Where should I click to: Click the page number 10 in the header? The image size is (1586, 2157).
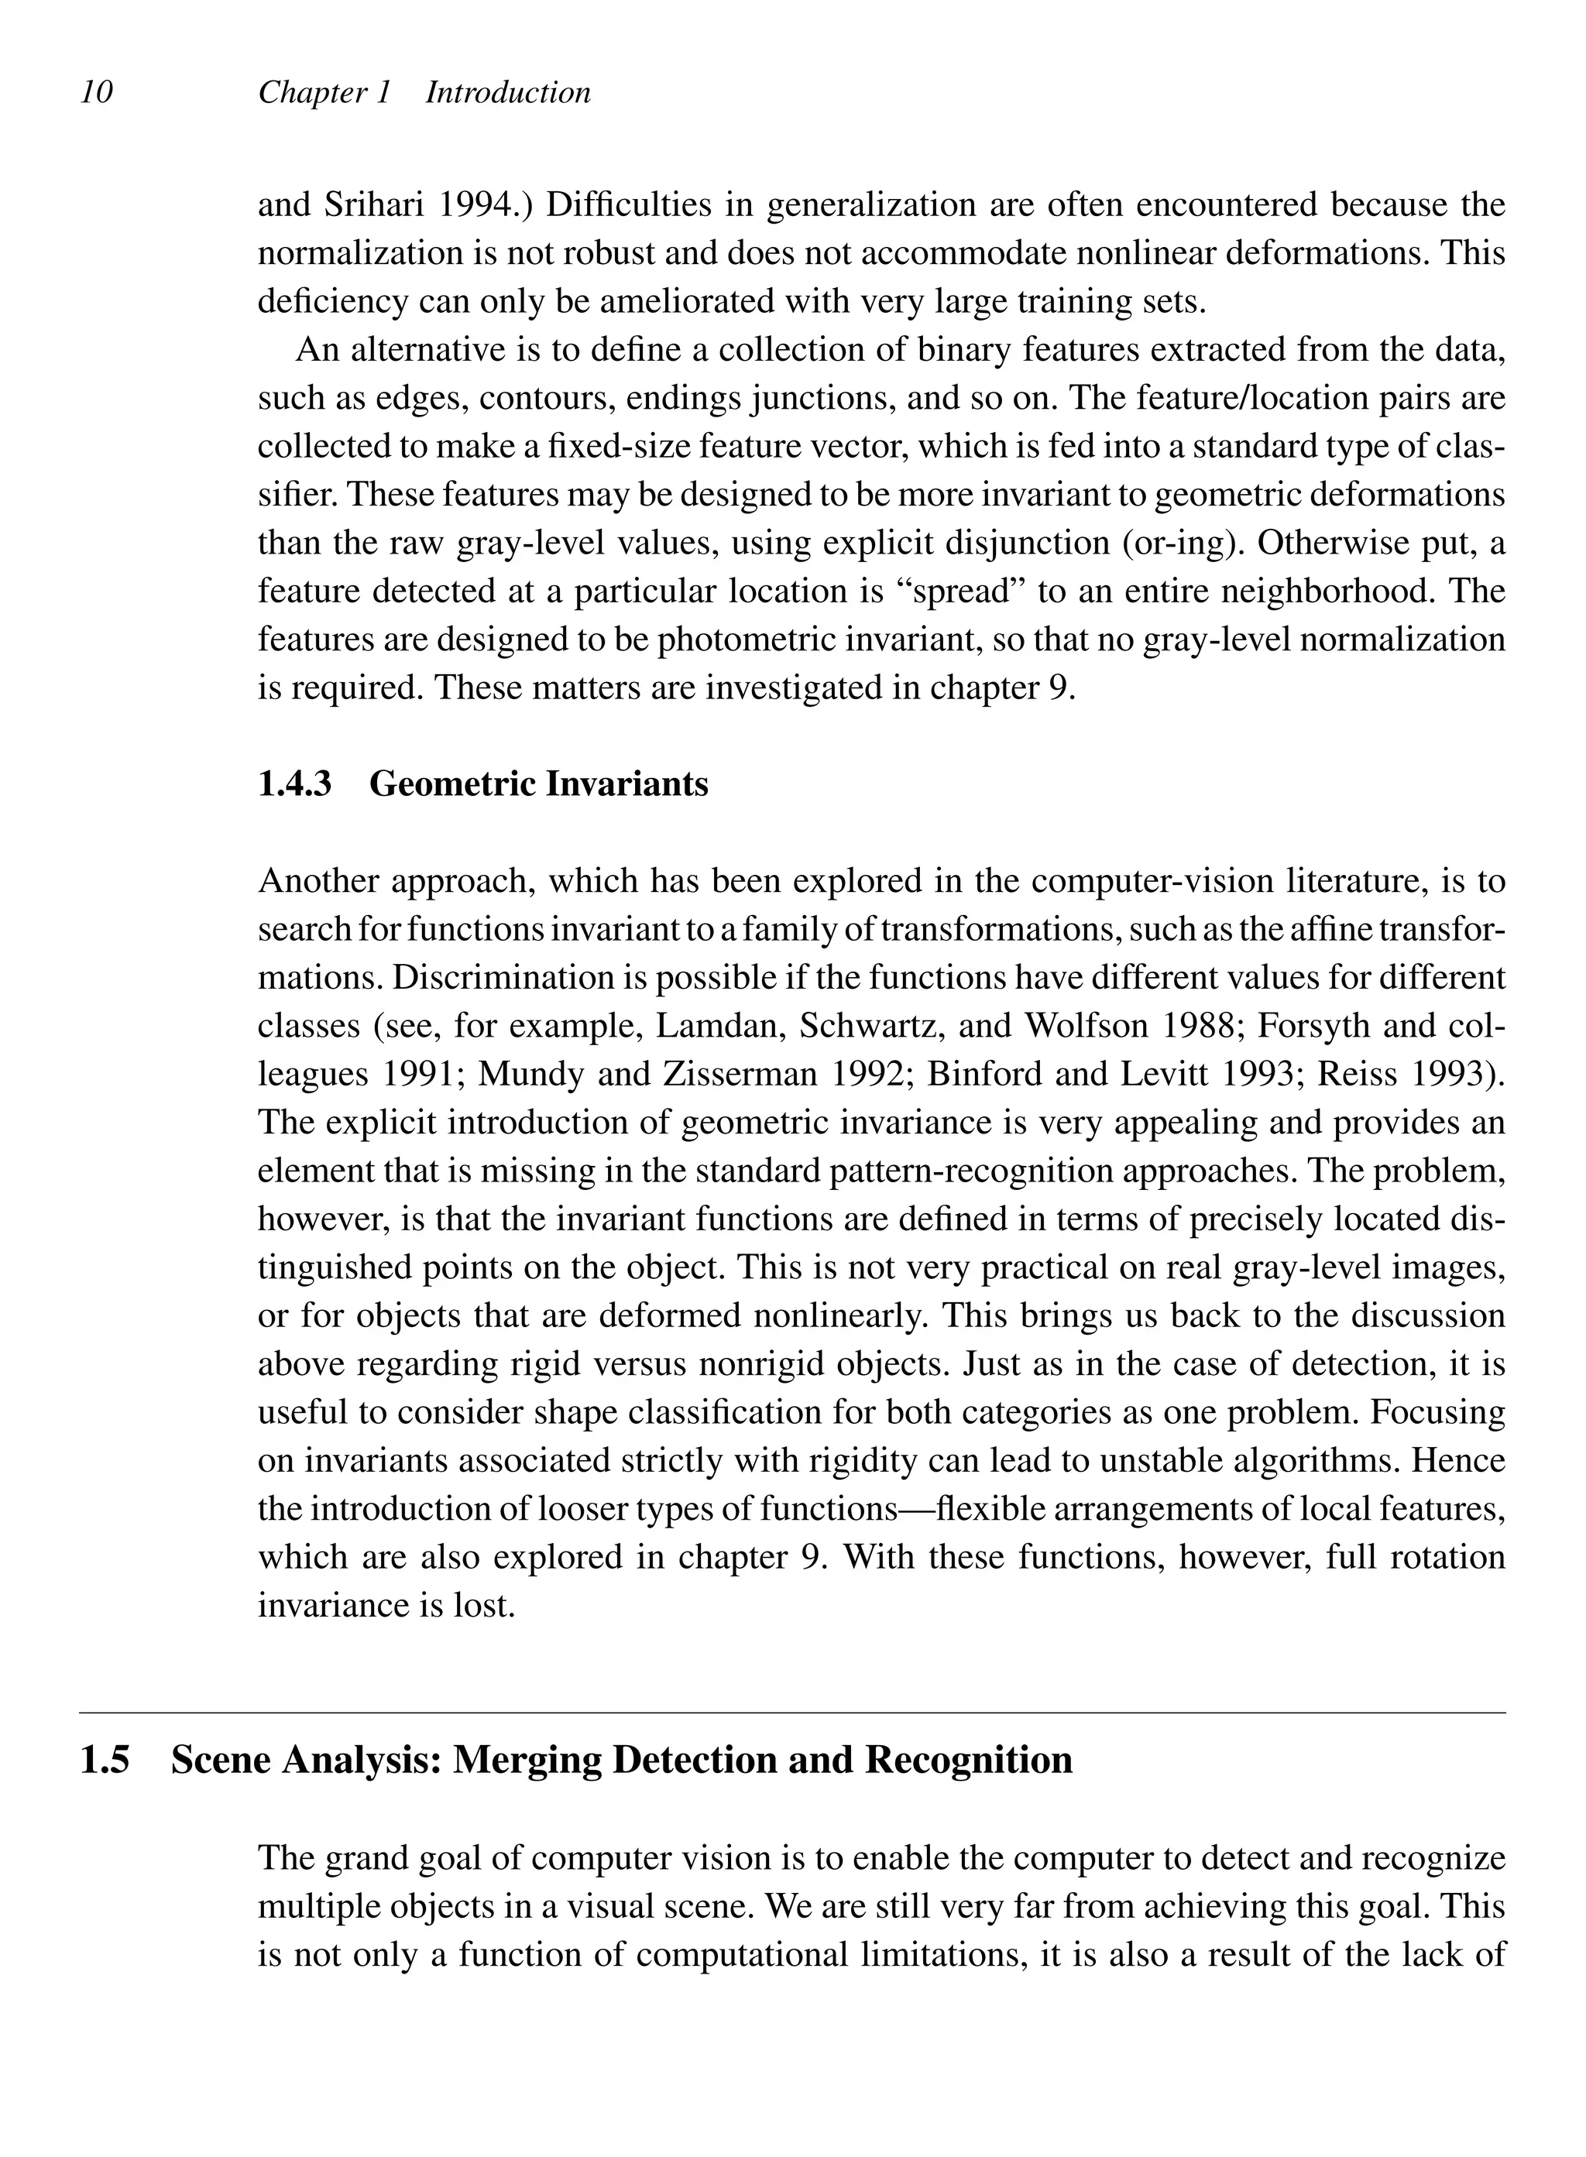tap(97, 92)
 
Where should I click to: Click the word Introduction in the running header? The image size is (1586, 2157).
tap(508, 92)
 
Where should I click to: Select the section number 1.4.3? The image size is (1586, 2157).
tap(295, 784)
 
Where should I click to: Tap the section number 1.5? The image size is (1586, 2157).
tap(105, 1760)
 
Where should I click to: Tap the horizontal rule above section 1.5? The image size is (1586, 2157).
tap(792, 1712)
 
